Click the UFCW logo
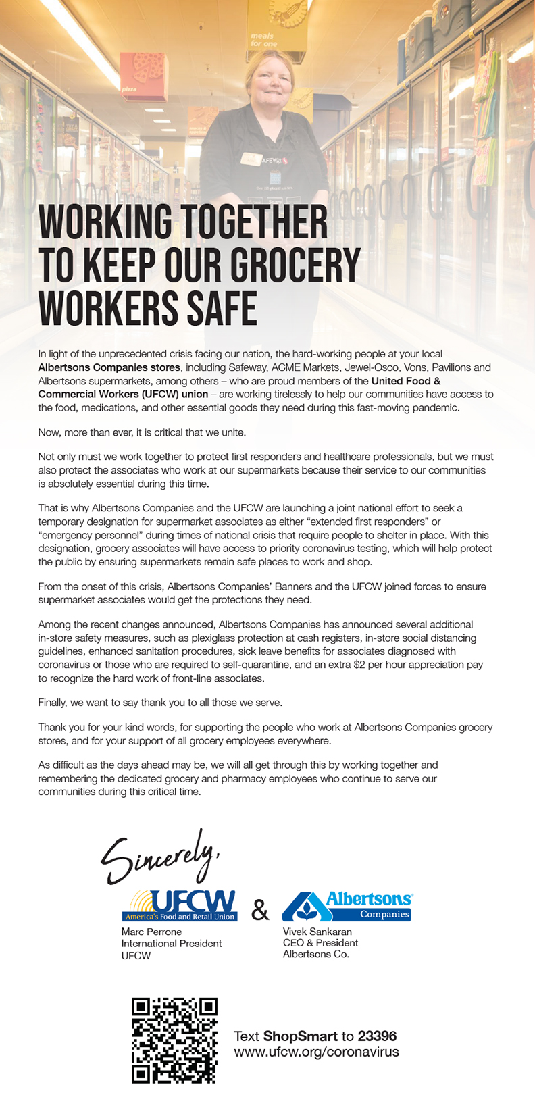(x=180, y=905)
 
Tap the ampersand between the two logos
(x=260, y=910)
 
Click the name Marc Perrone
(x=151, y=932)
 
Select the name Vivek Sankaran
(x=317, y=932)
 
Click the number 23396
(x=377, y=1036)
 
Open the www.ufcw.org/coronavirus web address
(x=316, y=1052)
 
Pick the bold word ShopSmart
(x=301, y=1036)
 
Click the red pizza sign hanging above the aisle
(x=143, y=74)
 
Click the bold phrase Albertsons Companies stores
(x=109, y=367)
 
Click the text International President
(x=172, y=944)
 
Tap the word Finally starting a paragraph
(x=52, y=703)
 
